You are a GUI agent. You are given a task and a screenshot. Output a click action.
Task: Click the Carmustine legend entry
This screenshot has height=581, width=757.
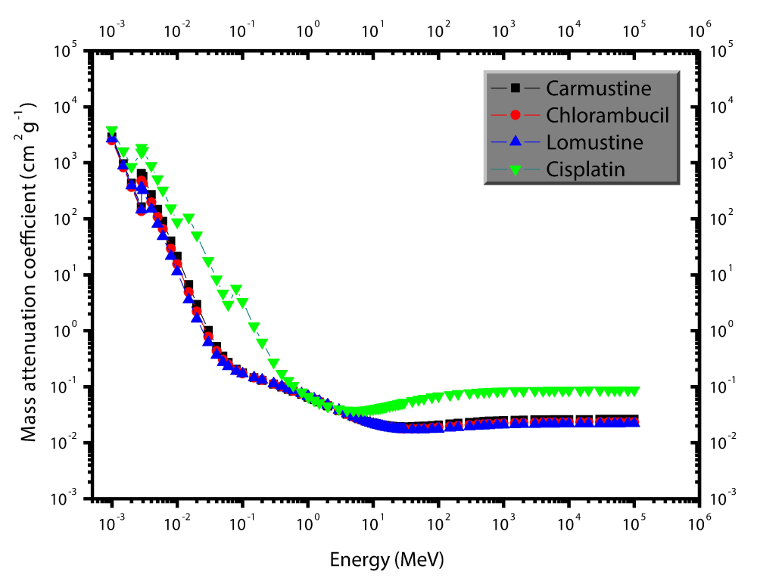click(x=598, y=89)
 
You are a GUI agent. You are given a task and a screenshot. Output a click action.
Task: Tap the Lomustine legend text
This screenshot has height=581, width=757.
click(x=594, y=141)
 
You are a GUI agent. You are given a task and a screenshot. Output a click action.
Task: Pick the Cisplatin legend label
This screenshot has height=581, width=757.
click(x=586, y=169)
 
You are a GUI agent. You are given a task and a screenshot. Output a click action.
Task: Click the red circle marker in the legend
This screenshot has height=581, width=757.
click(x=516, y=115)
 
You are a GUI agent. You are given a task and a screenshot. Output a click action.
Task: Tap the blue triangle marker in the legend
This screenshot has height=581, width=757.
click(x=516, y=141)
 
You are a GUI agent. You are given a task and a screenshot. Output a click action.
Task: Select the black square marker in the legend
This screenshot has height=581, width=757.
click(x=516, y=89)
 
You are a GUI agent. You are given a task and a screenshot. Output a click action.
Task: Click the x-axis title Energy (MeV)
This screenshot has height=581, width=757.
click(x=386, y=561)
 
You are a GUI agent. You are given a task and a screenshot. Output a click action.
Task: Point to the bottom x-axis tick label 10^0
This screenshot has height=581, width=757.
click(x=307, y=522)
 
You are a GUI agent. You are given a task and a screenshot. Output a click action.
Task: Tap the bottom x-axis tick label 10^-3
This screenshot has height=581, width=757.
click(x=112, y=522)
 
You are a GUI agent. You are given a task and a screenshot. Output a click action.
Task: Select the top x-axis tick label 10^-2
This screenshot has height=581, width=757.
click(x=177, y=31)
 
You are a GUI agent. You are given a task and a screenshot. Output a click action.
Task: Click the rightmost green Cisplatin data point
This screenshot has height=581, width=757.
click(x=634, y=391)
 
